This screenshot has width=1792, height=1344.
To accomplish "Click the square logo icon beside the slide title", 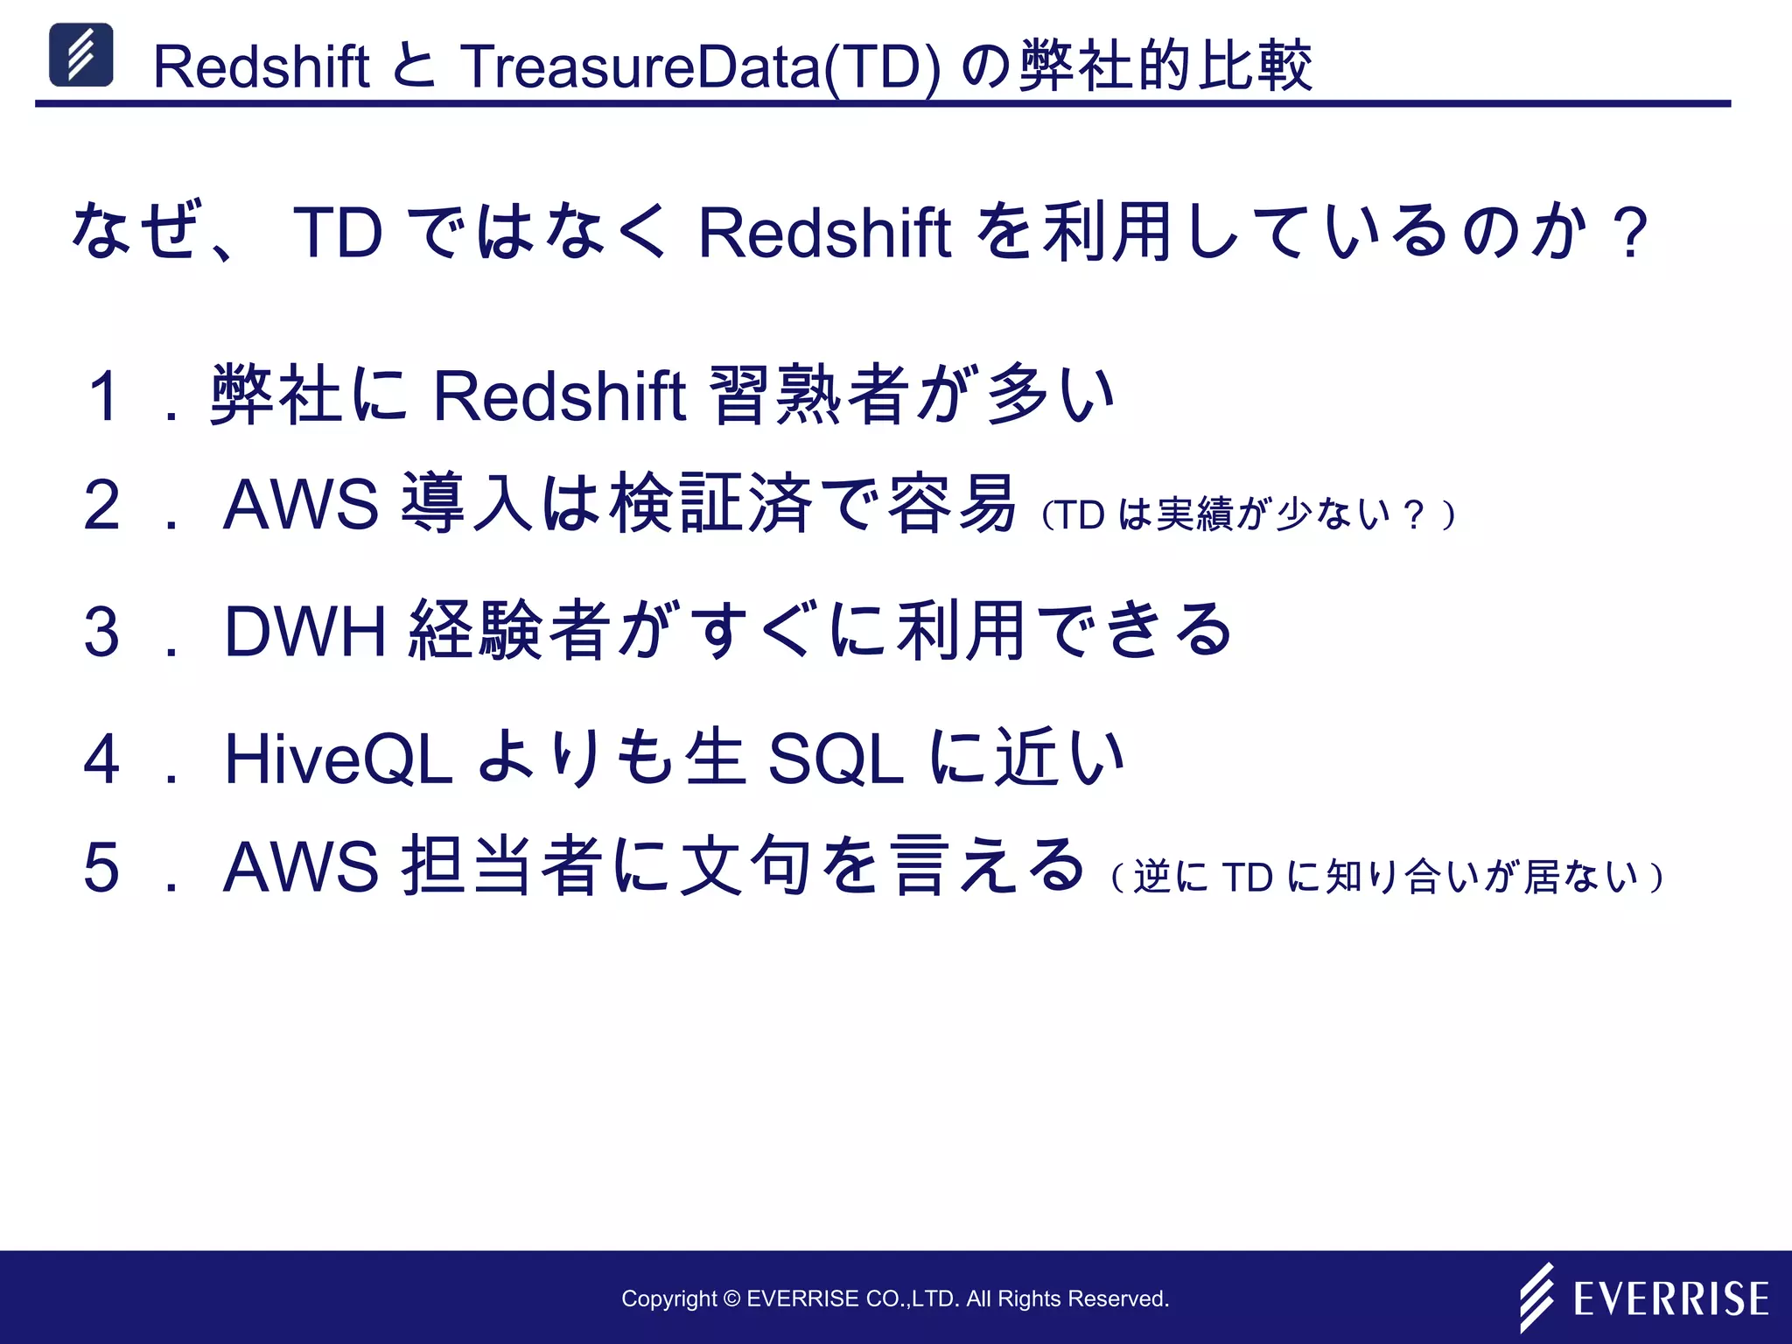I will click(x=80, y=55).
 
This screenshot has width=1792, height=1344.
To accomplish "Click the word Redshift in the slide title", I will click(x=261, y=66).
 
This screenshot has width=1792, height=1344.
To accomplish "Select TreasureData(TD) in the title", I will click(x=700, y=66).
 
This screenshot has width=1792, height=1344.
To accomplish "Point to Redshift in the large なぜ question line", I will click(x=824, y=233).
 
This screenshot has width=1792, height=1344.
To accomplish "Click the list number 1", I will click(x=104, y=395).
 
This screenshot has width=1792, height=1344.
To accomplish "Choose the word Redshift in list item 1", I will click(x=559, y=395).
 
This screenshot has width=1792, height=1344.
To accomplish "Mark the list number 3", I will click(x=101, y=631).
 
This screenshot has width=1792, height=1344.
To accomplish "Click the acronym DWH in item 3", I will click(x=305, y=631).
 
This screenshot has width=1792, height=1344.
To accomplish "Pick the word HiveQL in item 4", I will click(x=339, y=759).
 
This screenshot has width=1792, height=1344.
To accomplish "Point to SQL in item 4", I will click(x=835, y=759).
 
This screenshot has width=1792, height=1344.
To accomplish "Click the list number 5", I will click(x=101, y=867).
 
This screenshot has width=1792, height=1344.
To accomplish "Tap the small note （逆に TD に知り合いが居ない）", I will click(x=1387, y=877).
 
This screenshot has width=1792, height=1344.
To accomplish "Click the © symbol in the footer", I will click(x=731, y=1299).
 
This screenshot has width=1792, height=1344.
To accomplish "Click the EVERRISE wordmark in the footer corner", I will click(x=1670, y=1298).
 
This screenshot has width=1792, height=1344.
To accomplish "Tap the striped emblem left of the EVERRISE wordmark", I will click(x=1536, y=1297).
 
